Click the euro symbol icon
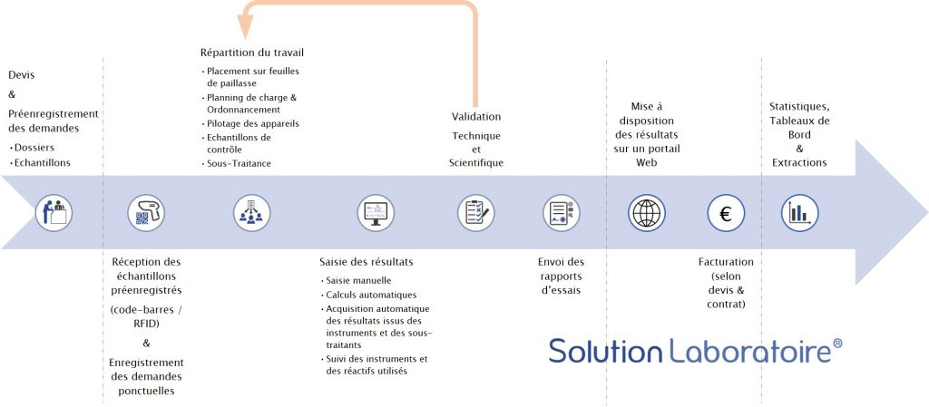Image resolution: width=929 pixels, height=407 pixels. click(x=726, y=213)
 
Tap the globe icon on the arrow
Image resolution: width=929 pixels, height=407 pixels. click(x=647, y=213)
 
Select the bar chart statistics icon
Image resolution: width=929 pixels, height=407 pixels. click(x=799, y=213)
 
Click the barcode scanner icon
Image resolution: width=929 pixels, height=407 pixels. click(x=145, y=213)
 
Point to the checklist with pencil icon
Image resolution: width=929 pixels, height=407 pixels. click(x=475, y=213)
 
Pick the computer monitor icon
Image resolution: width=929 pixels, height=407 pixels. click(x=376, y=213)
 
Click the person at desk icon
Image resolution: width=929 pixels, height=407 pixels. click(x=54, y=213)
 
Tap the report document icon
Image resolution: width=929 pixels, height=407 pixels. click(x=561, y=213)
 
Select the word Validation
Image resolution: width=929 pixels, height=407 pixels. click(x=476, y=116)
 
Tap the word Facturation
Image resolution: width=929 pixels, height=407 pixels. click(x=727, y=262)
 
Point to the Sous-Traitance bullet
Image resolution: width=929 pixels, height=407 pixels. click(x=239, y=163)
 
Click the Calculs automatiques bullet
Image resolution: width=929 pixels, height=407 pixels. click(x=370, y=295)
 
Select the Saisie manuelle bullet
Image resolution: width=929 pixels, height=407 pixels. click(x=357, y=281)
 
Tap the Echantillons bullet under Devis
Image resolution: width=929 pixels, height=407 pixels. click(x=42, y=162)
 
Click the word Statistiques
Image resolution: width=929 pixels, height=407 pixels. click(x=798, y=106)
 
